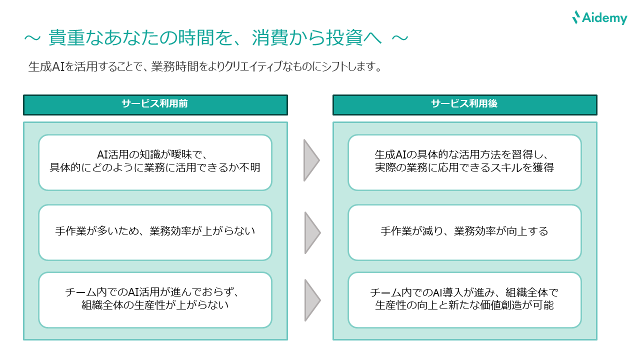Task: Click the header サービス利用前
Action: tap(155, 104)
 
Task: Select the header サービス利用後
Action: tap(464, 104)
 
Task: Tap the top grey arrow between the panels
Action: tap(310, 160)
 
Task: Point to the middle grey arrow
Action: tap(310, 232)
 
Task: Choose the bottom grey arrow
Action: tap(310, 300)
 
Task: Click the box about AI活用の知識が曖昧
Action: tap(155, 162)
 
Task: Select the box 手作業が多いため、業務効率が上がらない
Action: tap(155, 232)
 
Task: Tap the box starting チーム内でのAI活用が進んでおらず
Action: tap(155, 299)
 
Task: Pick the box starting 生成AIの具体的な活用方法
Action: tap(464, 162)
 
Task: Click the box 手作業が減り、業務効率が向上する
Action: tap(464, 232)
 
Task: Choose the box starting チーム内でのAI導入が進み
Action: tap(464, 299)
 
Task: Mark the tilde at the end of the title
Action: tap(399, 38)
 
